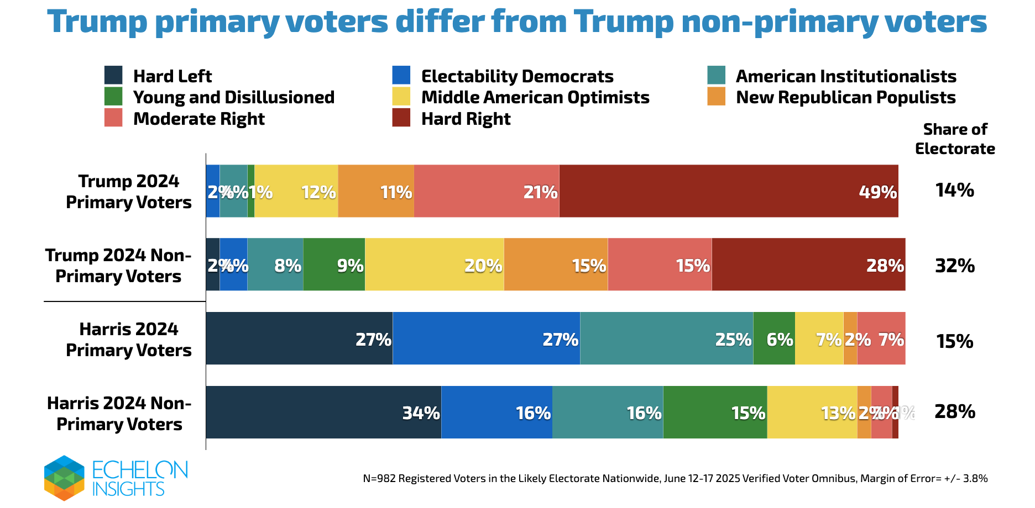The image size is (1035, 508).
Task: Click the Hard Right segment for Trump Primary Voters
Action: [x=729, y=191]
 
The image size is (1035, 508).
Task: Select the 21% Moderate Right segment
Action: [x=487, y=191]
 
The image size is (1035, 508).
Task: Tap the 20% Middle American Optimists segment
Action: [x=435, y=264]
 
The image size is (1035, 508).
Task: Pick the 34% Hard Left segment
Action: [x=323, y=412]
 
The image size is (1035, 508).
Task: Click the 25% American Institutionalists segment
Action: [x=666, y=338]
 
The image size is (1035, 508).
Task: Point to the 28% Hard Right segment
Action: [x=808, y=264]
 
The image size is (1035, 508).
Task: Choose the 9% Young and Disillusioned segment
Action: [x=334, y=264]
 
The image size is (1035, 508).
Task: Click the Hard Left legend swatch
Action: [x=113, y=75]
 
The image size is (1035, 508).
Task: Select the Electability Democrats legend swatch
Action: [x=401, y=75]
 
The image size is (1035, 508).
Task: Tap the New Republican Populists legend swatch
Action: [x=716, y=97]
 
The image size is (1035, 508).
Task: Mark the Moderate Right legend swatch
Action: [x=113, y=118]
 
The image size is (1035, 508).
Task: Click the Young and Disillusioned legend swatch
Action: [x=113, y=97]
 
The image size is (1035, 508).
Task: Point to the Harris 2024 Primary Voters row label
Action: [x=129, y=340]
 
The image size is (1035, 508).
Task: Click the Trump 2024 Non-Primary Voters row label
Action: [x=118, y=266]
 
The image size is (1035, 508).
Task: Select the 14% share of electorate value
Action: [x=955, y=190]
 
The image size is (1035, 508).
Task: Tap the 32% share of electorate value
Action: [x=955, y=266]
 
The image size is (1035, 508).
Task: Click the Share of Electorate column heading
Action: [x=955, y=139]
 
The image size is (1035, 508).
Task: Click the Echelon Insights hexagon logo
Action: [x=64, y=478]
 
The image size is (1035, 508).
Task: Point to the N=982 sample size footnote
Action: [x=675, y=479]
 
